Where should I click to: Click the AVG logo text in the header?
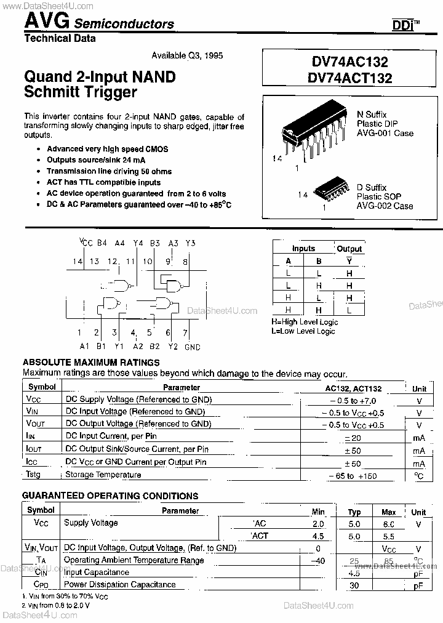tap(46, 22)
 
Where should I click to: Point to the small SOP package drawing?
tap(331, 191)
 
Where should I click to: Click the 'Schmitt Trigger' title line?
tap(81, 93)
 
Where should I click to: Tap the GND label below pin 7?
tap(193, 347)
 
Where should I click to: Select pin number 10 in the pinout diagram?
tap(148, 262)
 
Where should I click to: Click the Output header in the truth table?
tap(349, 249)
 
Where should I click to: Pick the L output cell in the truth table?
tap(349, 310)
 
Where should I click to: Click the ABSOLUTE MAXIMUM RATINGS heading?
tap(91, 363)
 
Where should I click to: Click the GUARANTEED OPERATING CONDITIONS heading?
tap(110, 496)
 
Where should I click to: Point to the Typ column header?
tap(354, 512)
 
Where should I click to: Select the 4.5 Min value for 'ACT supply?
tap(317, 536)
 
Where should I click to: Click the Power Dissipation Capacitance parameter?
tap(120, 585)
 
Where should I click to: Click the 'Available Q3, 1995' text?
tap(186, 55)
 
